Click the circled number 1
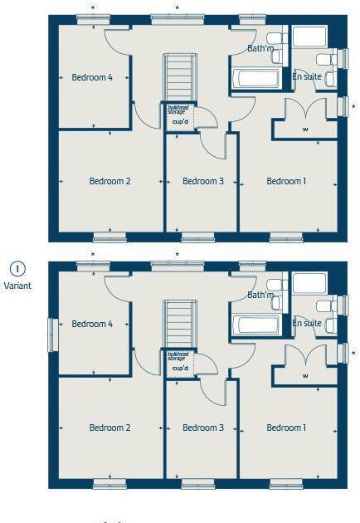tap(17, 268)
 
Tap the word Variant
tap(17, 285)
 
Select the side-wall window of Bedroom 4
tap(51, 334)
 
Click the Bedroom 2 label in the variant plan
tap(109, 428)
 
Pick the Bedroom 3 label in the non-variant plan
tap(203, 181)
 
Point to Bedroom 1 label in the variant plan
tap(286, 428)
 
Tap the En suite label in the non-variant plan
tap(307, 76)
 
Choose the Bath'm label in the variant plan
tap(260, 295)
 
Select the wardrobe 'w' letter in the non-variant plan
tap(305, 129)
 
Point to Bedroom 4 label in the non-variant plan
tap(91, 77)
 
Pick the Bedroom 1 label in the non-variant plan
tap(286, 181)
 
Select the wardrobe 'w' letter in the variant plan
tap(305, 375)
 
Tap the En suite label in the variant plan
tap(307, 323)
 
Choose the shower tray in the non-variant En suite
tap(309, 37)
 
